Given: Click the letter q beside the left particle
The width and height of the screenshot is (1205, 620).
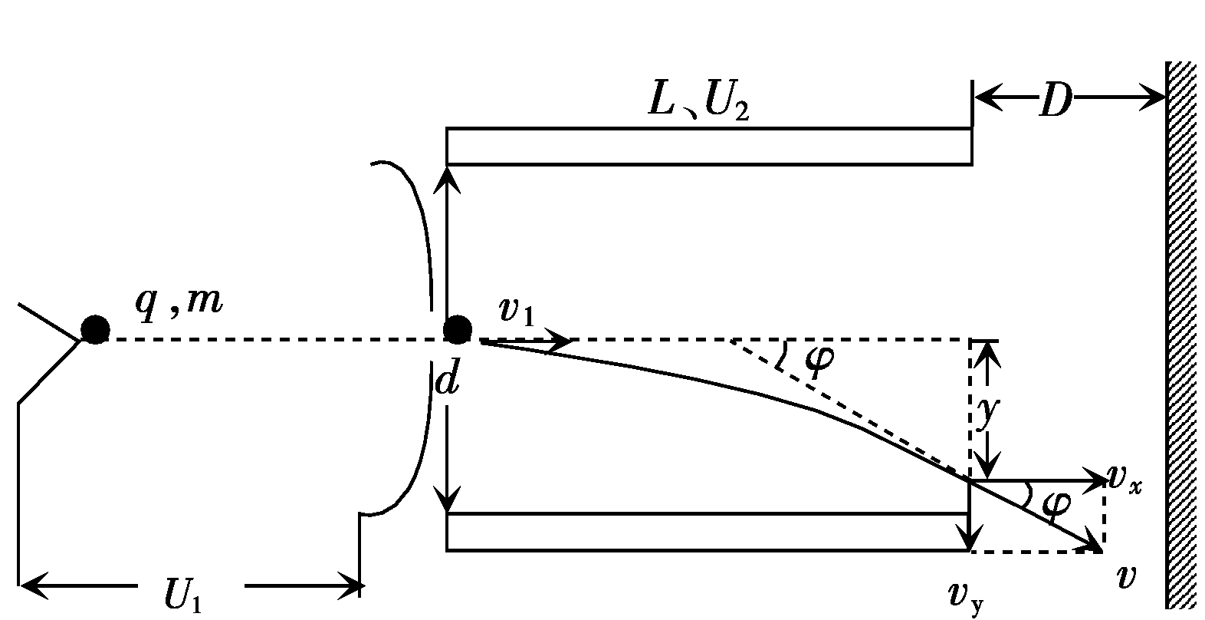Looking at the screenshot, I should point(147,302).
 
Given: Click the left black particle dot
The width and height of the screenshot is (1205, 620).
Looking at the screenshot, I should point(96,330).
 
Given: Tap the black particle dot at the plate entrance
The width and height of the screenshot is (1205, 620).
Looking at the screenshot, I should point(458,330).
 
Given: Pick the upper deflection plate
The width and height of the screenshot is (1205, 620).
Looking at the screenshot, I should point(709,147).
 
